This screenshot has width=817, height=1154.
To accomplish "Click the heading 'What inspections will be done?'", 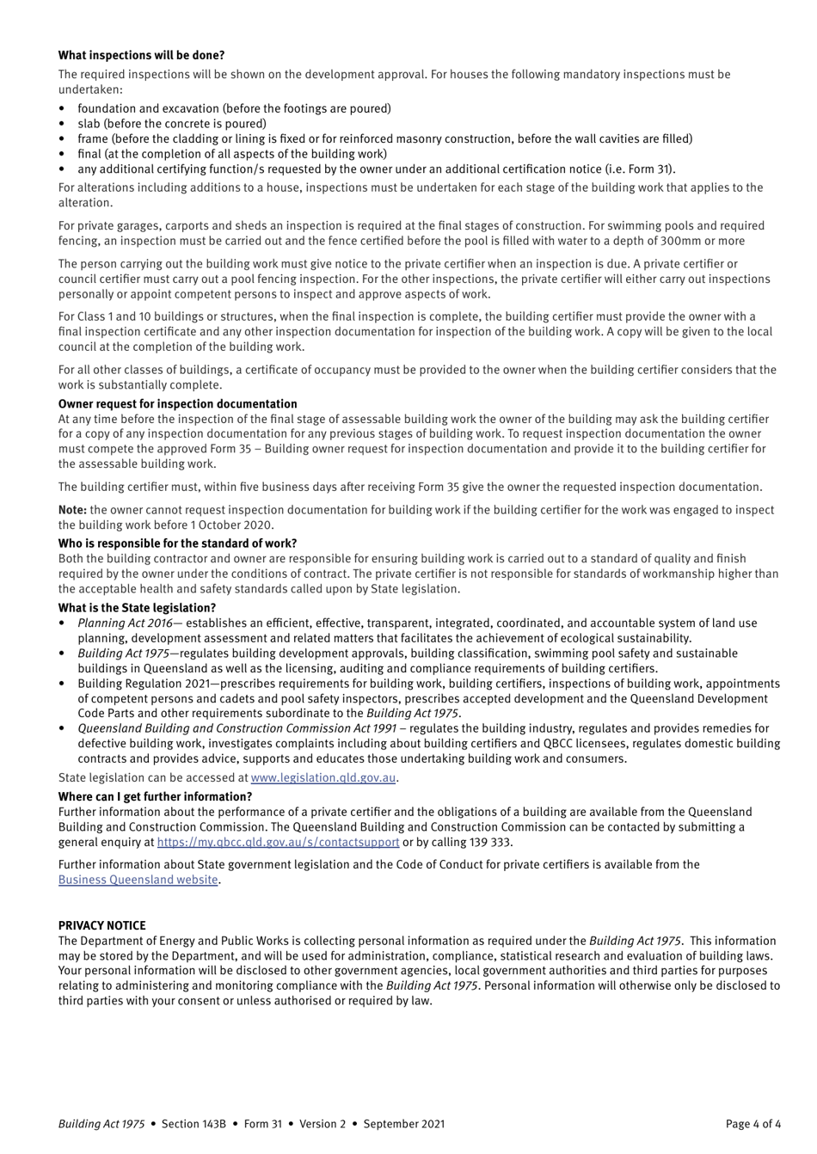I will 141,55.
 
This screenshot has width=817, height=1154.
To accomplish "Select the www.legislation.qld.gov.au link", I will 322,777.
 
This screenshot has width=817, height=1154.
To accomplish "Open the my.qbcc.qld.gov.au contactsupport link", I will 278,842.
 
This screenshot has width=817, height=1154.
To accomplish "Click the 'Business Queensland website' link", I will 138,880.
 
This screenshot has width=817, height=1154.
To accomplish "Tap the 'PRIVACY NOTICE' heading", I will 101,925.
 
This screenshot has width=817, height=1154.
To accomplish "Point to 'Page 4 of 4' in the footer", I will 752,1123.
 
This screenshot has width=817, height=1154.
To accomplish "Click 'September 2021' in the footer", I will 403,1123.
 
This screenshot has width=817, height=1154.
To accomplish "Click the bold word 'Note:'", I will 72,510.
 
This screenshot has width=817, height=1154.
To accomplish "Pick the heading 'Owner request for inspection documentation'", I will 177,403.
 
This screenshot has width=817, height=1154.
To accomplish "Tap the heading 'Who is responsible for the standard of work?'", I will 177,543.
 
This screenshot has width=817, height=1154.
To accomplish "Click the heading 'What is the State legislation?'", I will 137,607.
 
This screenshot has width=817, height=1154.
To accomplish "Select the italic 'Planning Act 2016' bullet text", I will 125,623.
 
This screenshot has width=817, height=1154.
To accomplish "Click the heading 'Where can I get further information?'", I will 155,796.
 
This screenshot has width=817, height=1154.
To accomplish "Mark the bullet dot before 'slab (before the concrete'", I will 62,124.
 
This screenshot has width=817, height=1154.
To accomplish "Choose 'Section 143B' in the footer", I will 193,1123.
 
